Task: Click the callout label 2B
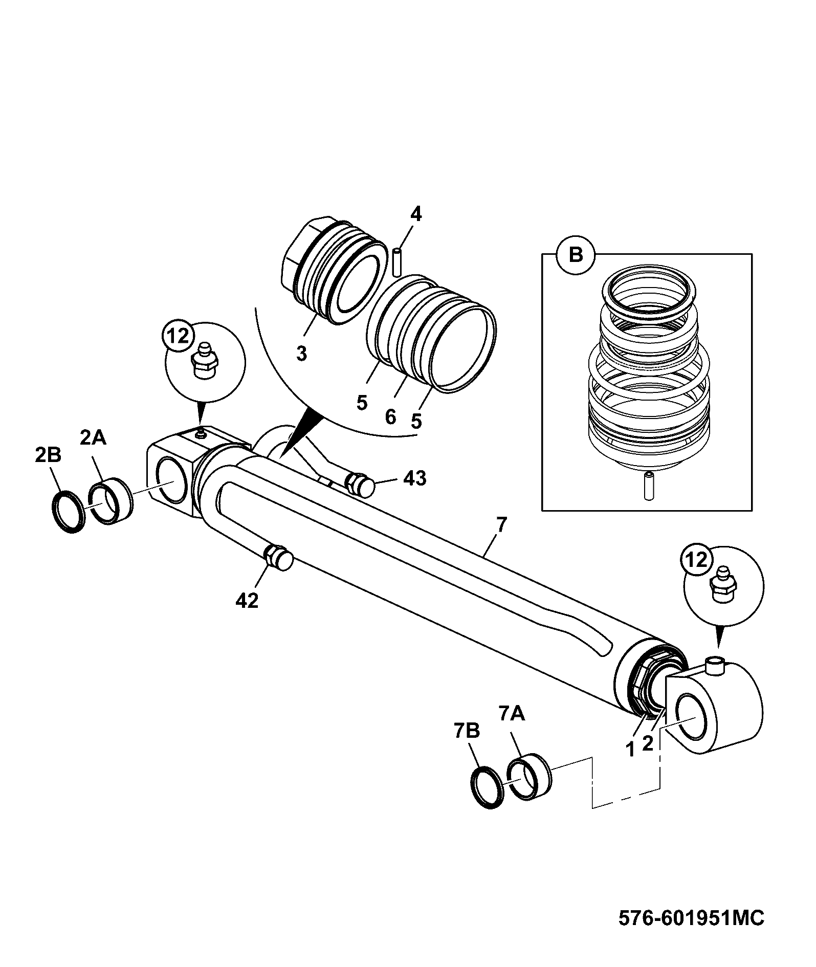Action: tap(48, 455)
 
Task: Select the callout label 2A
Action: tap(93, 437)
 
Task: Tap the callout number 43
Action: tap(414, 478)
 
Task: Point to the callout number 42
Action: tap(247, 601)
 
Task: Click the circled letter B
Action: tap(576, 255)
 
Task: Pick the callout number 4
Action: tap(416, 214)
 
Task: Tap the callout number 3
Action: tap(301, 353)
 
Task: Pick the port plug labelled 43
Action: tap(361, 485)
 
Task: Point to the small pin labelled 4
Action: tap(398, 262)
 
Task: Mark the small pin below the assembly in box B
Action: tap(649, 487)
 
